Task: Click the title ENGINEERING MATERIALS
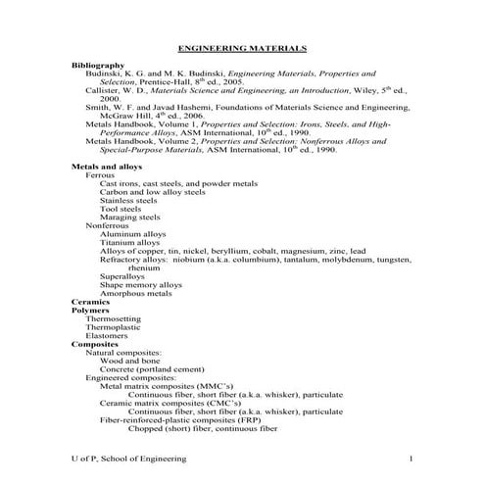point(242,47)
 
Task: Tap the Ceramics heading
point(90,301)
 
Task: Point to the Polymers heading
point(91,310)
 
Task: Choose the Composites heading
point(95,344)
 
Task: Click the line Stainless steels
point(128,200)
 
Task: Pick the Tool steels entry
point(121,209)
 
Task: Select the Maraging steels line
point(129,218)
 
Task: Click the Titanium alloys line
point(130,242)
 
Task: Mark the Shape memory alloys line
point(141,284)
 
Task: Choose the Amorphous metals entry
point(136,293)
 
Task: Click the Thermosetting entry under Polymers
point(113,318)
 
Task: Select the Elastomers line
point(107,335)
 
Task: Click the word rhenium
point(143,267)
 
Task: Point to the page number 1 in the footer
point(412,459)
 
